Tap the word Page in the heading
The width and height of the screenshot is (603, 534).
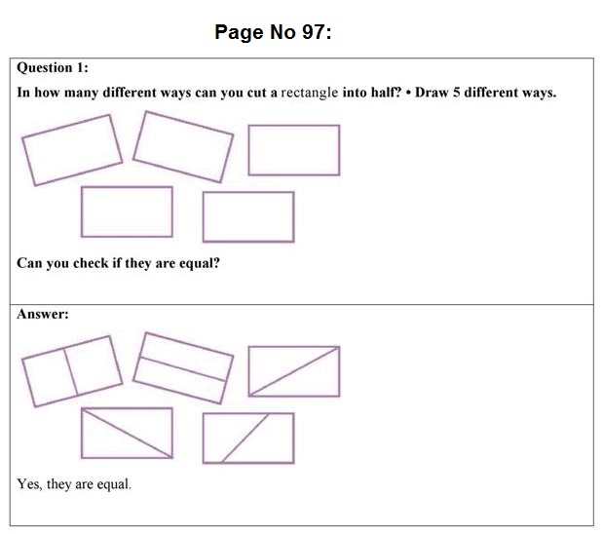coord(238,32)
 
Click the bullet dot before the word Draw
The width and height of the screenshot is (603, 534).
coord(409,95)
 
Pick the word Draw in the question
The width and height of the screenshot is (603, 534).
coord(432,95)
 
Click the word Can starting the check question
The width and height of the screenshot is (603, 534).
coord(29,263)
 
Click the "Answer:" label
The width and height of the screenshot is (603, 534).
coord(42,315)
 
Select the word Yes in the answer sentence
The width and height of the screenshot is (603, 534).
coord(28,484)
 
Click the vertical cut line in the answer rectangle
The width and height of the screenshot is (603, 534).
coord(70,372)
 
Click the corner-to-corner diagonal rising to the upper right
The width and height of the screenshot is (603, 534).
coord(294,370)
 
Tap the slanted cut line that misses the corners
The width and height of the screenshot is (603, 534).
coord(245,439)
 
